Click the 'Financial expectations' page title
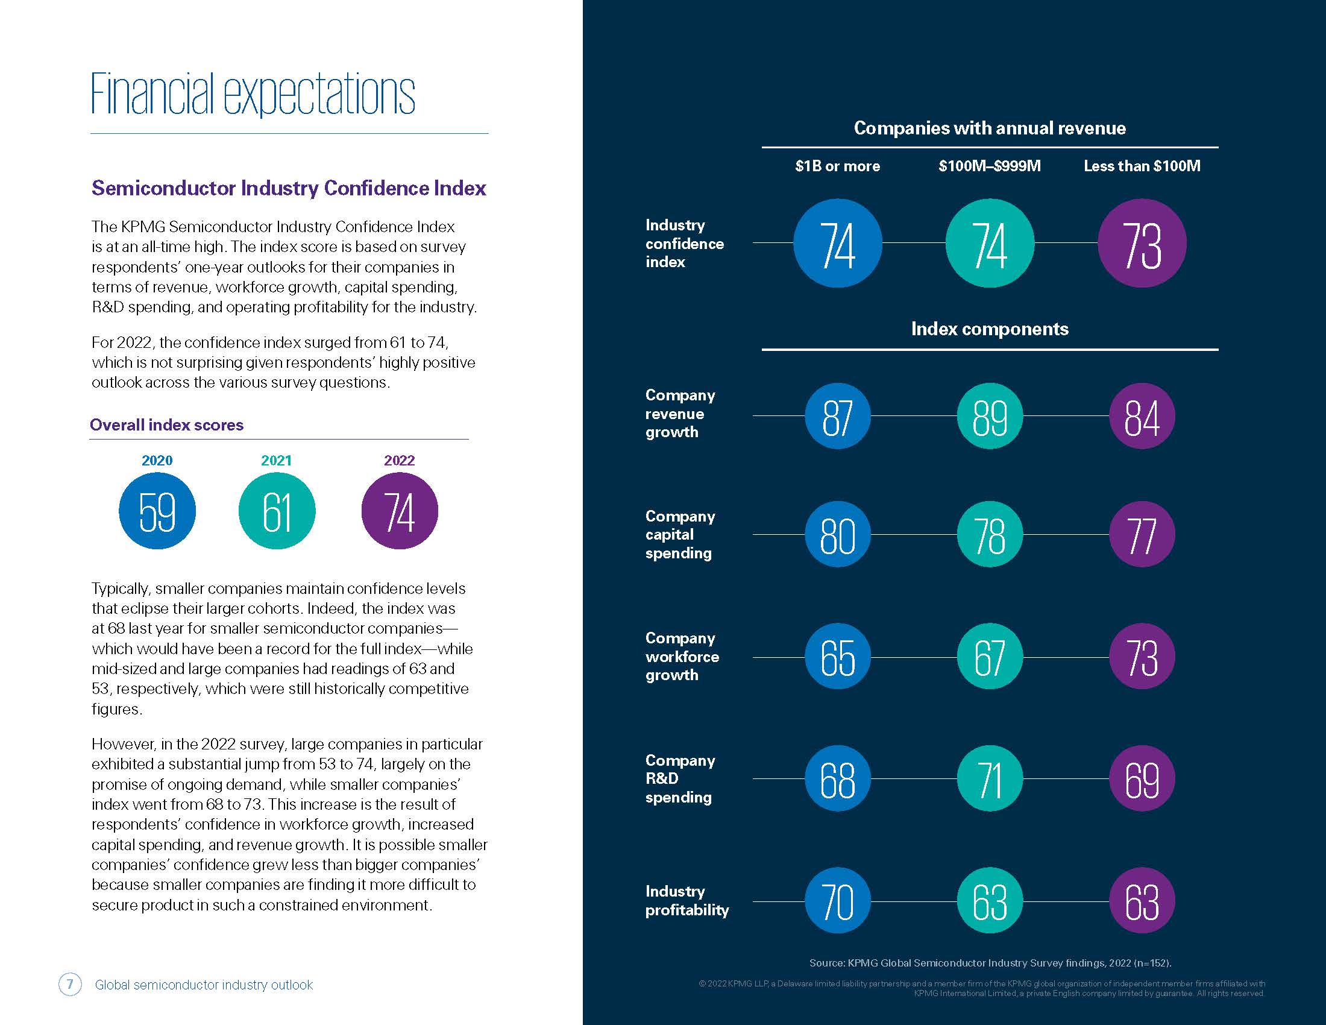(253, 94)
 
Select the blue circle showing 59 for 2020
(157, 511)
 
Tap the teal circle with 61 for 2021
(277, 511)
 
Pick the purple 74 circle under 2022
(400, 511)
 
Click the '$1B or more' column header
(837, 166)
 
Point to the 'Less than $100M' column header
(1142, 166)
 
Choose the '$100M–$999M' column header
(990, 166)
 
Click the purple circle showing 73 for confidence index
(1142, 243)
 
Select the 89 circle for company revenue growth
(990, 416)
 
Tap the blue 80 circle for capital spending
(837, 534)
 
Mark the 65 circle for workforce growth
(837, 657)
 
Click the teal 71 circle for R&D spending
(990, 778)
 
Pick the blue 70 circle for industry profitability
(837, 901)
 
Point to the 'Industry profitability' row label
(687, 901)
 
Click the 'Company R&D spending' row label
(680, 778)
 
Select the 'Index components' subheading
(990, 329)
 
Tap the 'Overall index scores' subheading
(166, 424)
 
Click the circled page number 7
(70, 985)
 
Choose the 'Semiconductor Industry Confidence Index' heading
(288, 188)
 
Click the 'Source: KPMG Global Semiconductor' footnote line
(990, 963)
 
